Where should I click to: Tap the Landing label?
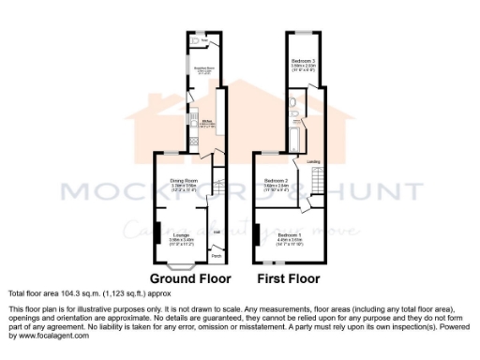point(315,162)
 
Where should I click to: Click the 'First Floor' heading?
point(290,278)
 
